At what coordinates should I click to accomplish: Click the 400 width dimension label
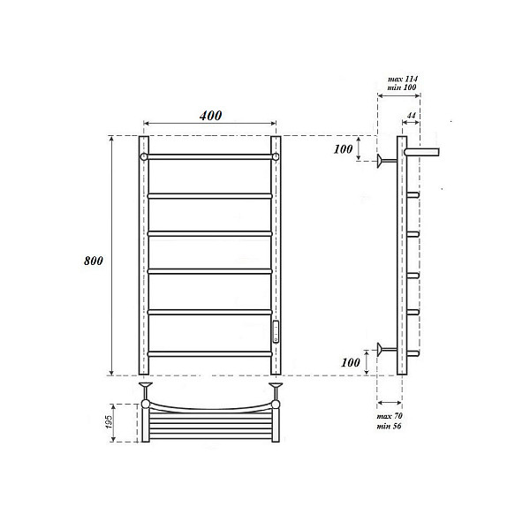point(210,116)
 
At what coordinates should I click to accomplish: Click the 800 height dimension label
point(95,261)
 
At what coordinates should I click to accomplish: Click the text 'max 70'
point(390,415)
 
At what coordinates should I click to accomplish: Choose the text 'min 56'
point(390,426)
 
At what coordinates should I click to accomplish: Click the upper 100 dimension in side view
point(343,148)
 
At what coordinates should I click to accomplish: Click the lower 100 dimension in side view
point(351,363)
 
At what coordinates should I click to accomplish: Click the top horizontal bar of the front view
point(210,156)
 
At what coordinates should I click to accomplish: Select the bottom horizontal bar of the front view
point(210,353)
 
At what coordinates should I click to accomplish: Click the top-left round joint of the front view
point(144,156)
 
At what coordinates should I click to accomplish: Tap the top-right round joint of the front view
point(276,156)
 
